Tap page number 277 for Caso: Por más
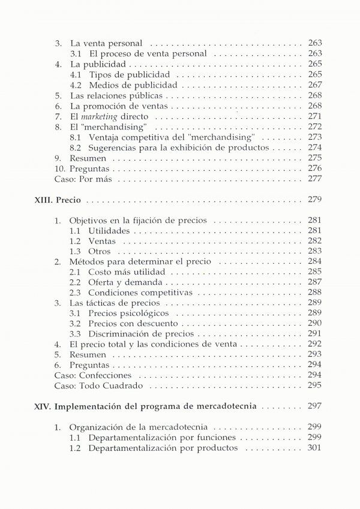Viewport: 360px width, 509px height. coord(314,179)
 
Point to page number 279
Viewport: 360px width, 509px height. coord(314,200)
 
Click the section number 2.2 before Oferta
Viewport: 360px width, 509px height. coord(75,282)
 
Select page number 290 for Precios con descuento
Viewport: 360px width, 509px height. coord(314,324)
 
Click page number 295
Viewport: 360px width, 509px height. coord(314,385)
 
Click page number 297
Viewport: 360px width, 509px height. coord(314,406)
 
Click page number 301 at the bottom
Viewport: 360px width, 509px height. coord(314,448)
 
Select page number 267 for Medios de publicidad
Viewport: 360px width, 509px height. coord(314,85)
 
